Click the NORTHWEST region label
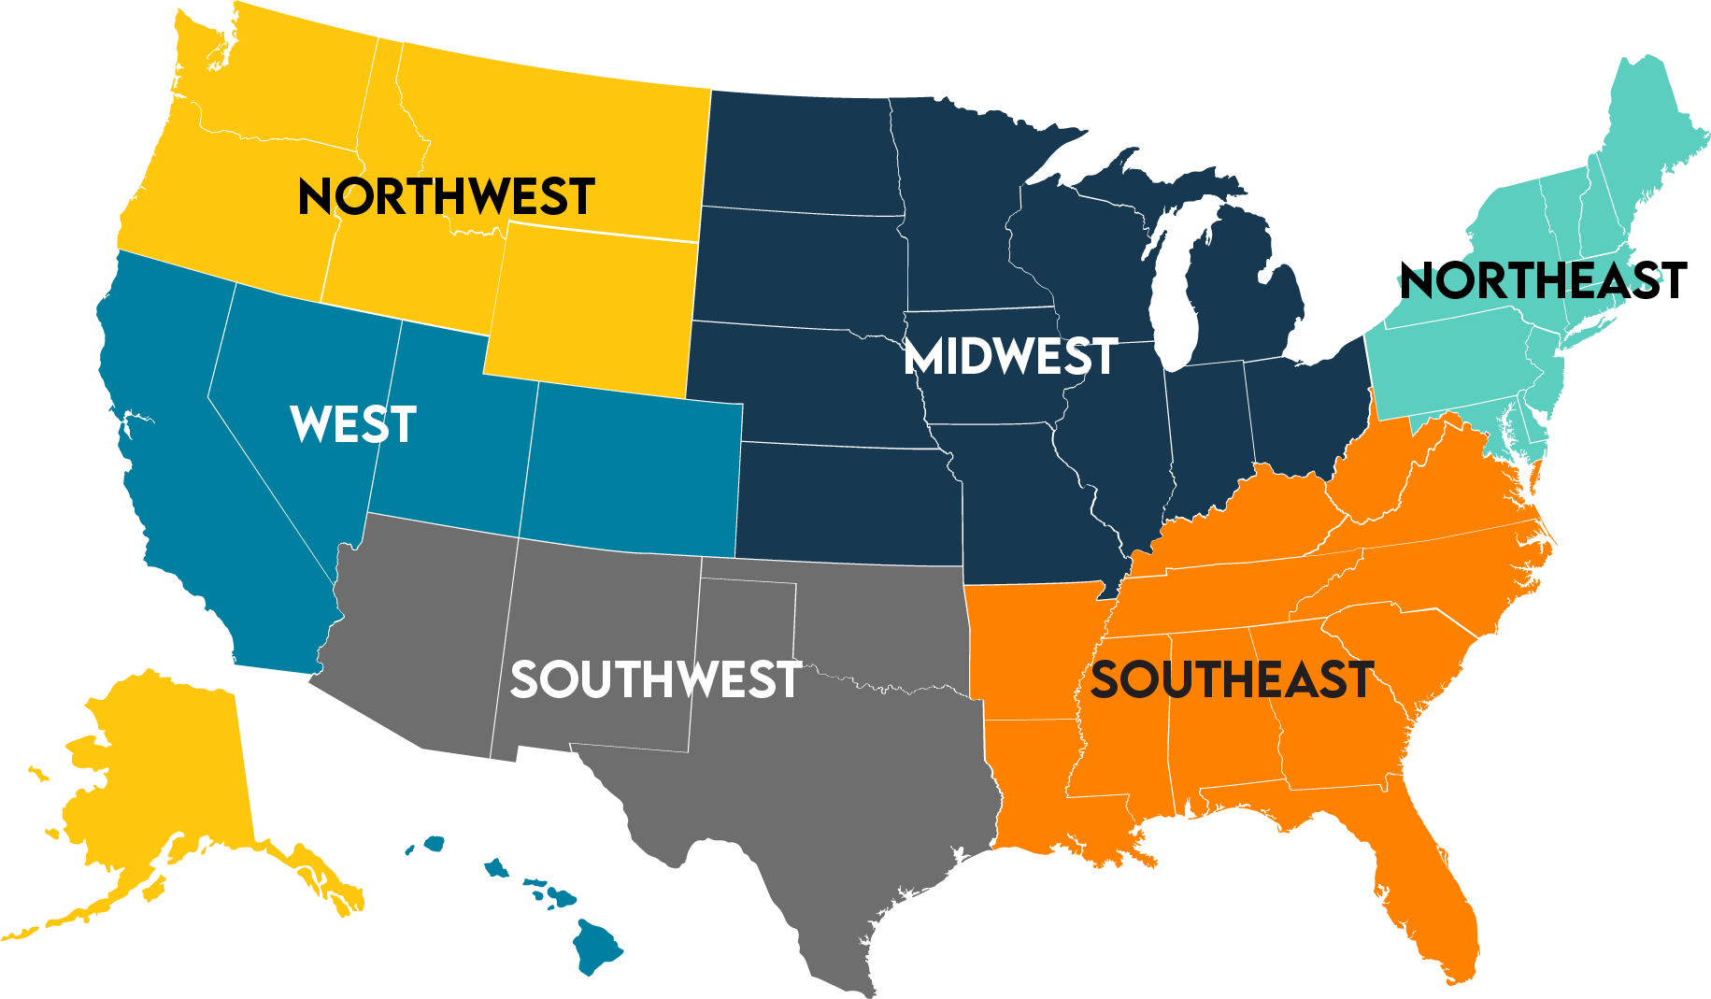(x=446, y=196)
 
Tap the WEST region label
(x=353, y=424)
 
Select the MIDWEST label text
(x=1011, y=356)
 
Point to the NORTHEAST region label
(x=1543, y=280)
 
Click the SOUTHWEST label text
(x=656, y=679)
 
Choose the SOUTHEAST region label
(x=1232, y=679)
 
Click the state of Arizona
(x=421, y=635)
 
